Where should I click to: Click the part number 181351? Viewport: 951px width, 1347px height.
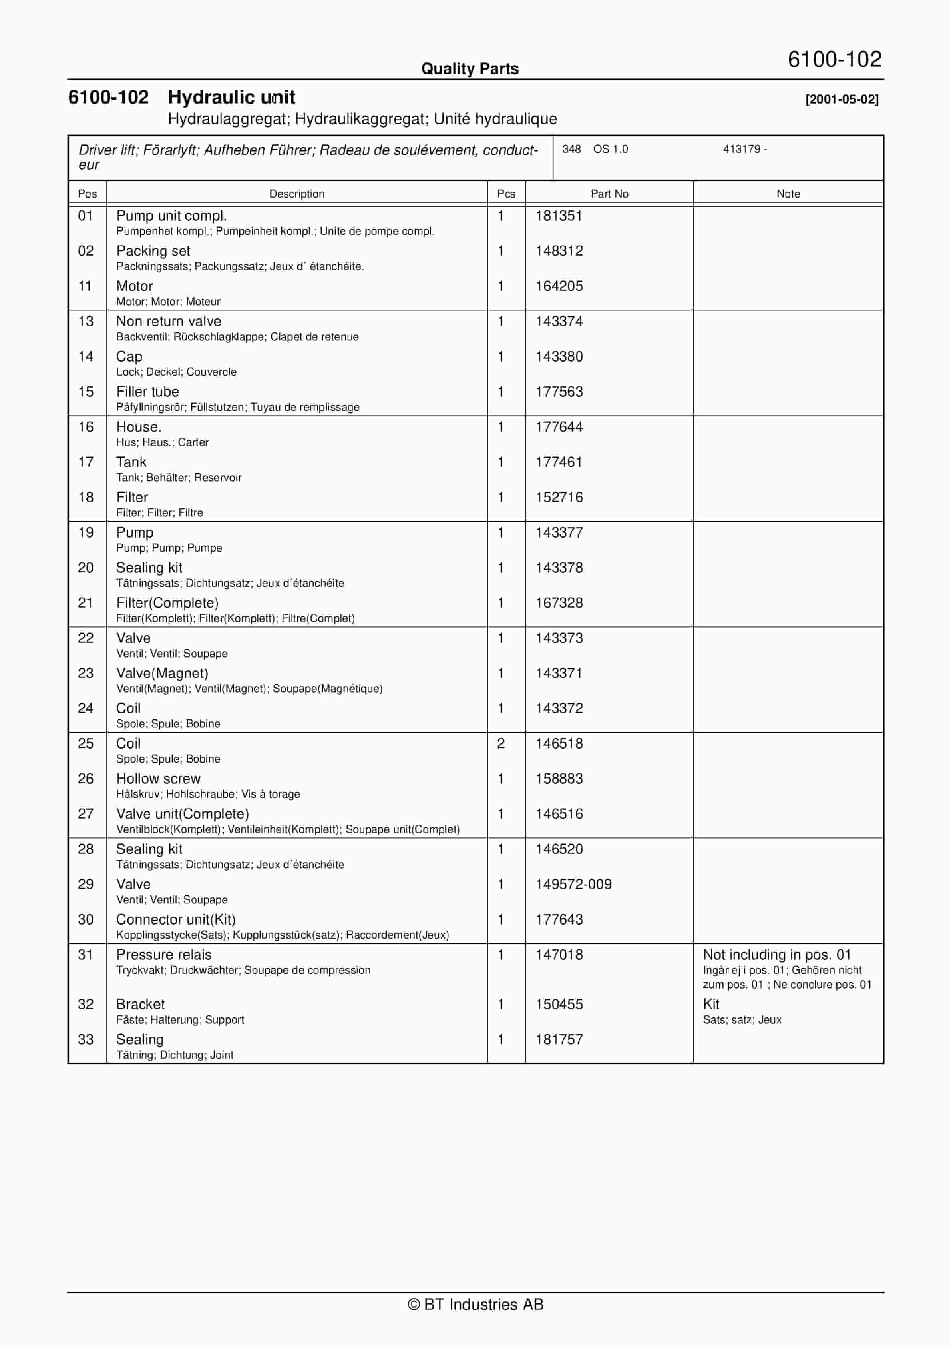click(x=559, y=216)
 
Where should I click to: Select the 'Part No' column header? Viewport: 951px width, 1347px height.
click(x=609, y=194)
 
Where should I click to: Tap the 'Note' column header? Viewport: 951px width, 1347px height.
click(x=788, y=194)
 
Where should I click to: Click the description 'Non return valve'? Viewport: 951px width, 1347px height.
click(x=168, y=322)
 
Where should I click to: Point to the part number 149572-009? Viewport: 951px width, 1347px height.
click(x=573, y=884)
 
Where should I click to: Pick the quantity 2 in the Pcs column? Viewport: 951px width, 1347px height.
click(x=501, y=743)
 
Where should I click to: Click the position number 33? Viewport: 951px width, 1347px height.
click(x=86, y=1039)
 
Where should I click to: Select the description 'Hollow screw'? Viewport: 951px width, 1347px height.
click(x=158, y=779)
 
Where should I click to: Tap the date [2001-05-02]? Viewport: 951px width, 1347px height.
click(x=842, y=99)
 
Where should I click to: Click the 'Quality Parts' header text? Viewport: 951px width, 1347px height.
click(x=470, y=69)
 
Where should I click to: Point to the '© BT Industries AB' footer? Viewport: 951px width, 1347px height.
click(x=475, y=1304)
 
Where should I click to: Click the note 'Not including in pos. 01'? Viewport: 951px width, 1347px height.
click(x=776, y=955)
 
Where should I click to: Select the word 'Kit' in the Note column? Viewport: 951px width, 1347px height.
click(x=710, y=1004)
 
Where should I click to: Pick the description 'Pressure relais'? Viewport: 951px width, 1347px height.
click(x=163, y=955)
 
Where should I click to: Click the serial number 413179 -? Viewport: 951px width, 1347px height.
click(x=745, y=149)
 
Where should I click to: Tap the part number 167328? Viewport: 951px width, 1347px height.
click(x=559, y=603)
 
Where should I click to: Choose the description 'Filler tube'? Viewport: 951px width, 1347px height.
click(x=147, y=392)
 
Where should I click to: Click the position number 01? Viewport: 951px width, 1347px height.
click(x=86, y=216)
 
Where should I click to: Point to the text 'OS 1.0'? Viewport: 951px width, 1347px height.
click(x=610, y=149)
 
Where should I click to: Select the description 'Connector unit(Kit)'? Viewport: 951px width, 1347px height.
click(x=175, y=919)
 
